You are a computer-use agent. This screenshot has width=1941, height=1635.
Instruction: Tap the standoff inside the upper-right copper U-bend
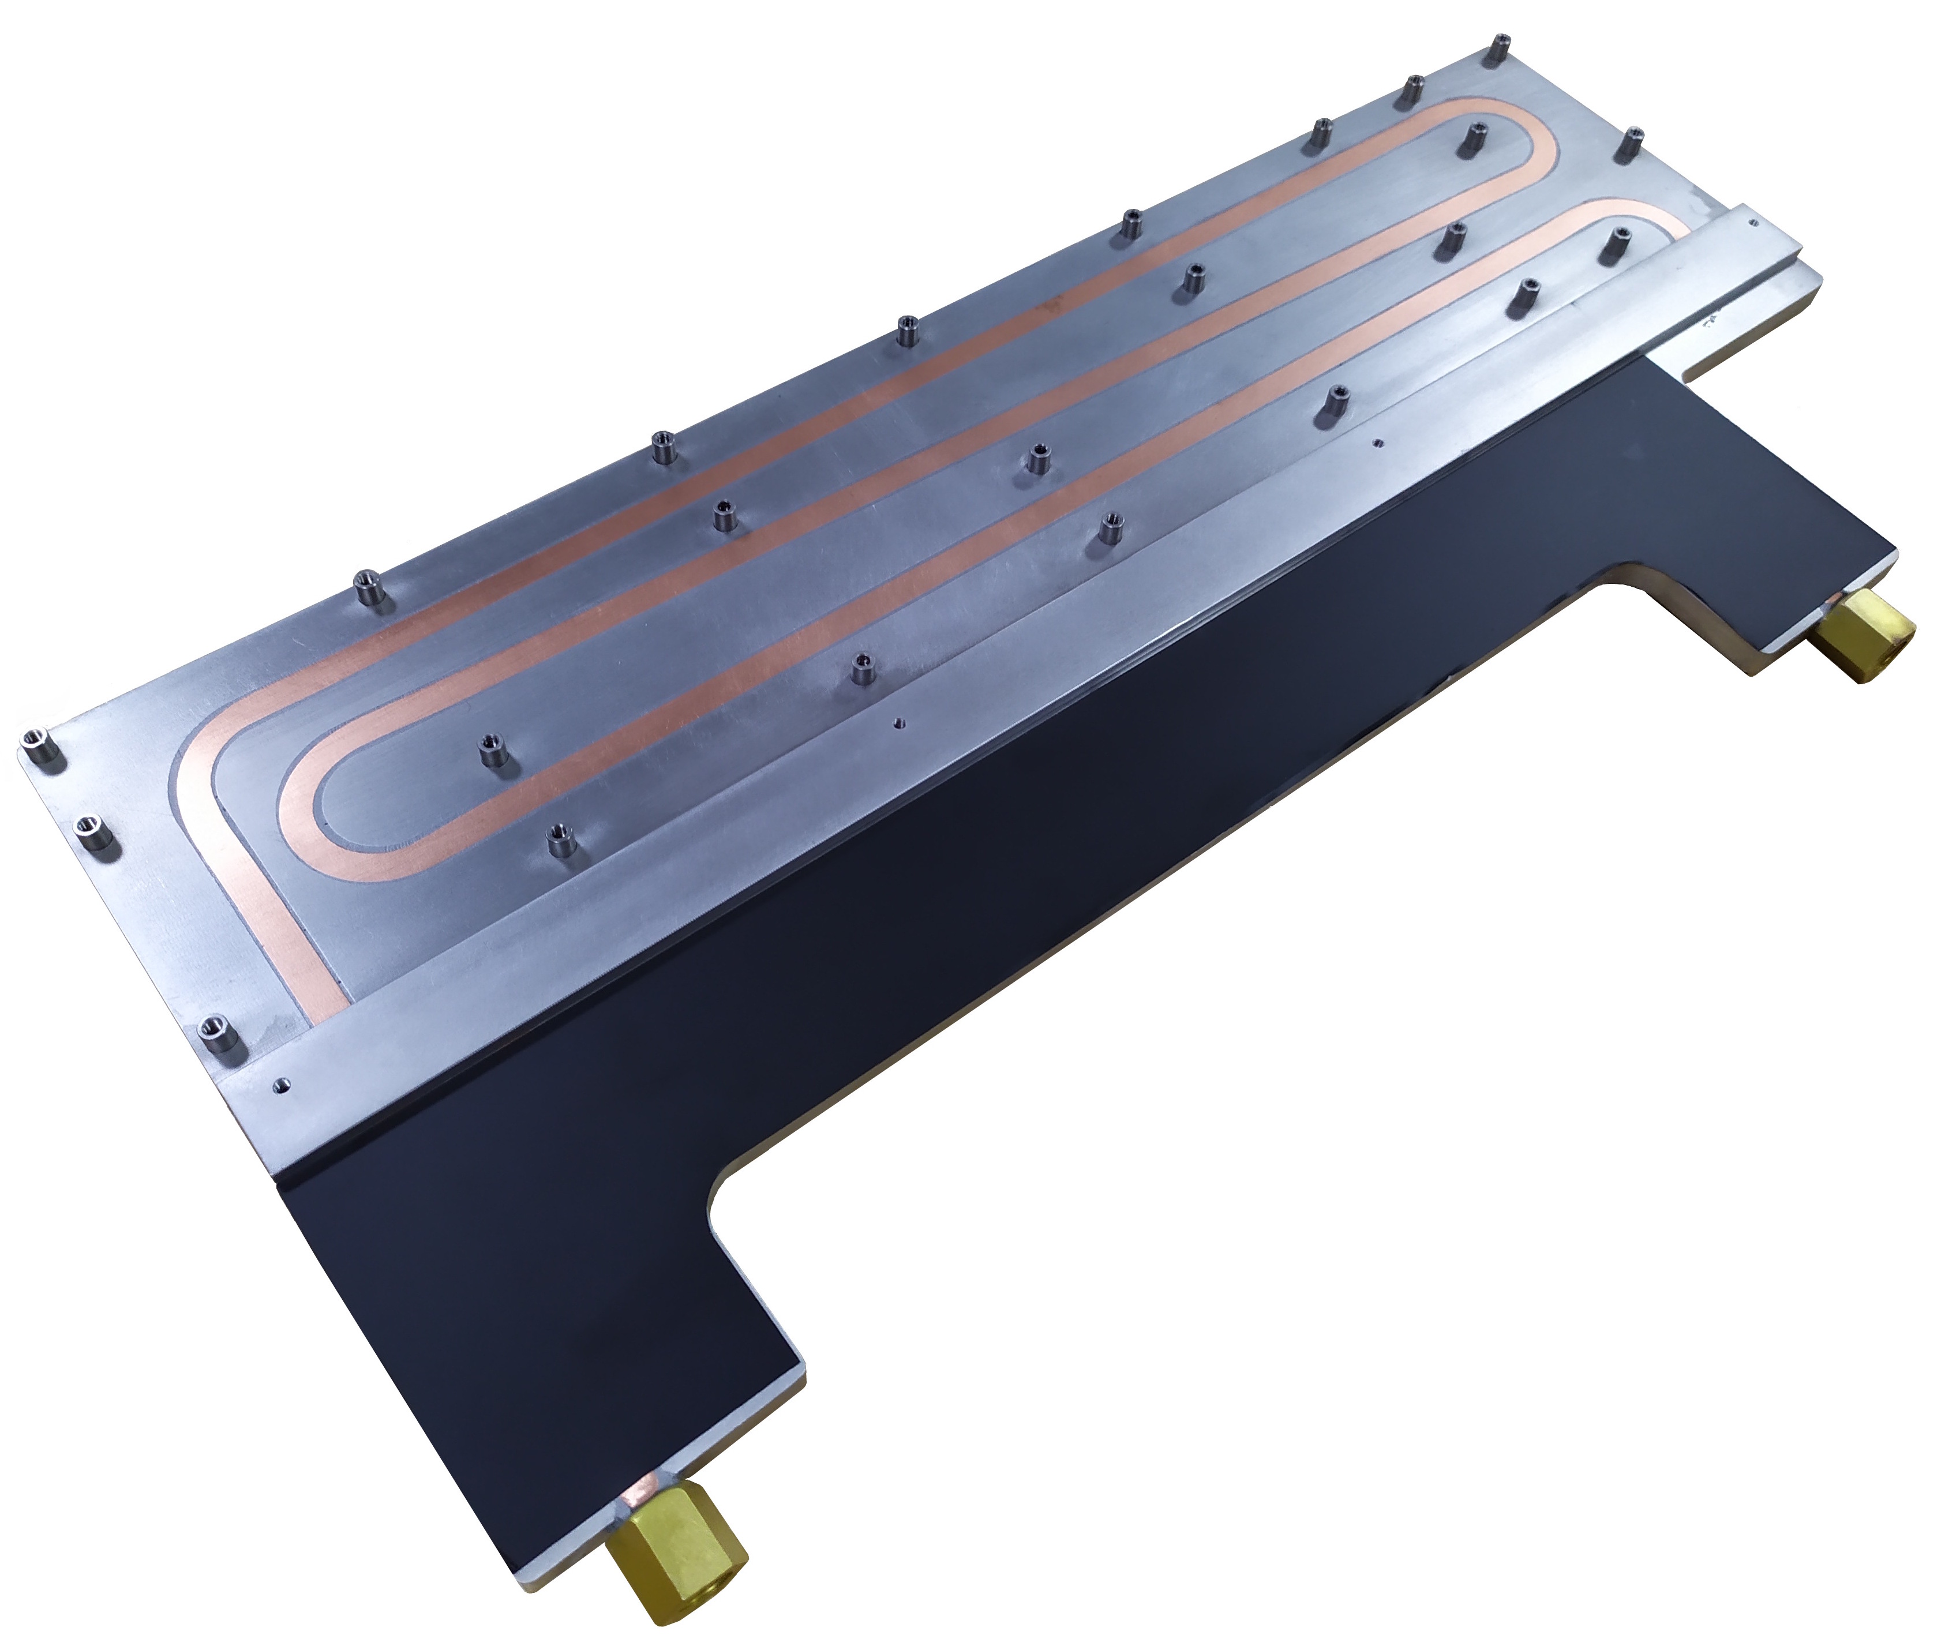click(x=1472, y=140)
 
